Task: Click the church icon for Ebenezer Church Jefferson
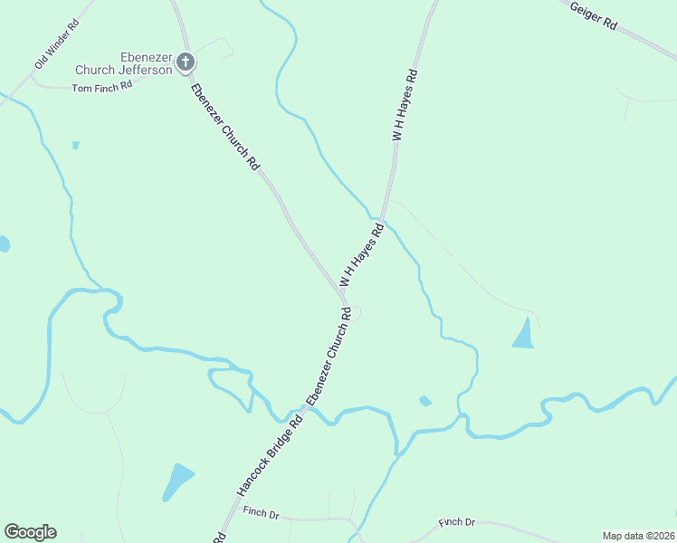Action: click(x=186, y=62)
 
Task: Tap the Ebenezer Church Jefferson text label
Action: click(x=123, y=62)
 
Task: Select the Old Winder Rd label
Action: click(x=57, y=44)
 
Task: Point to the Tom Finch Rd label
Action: click(x=102, y=87)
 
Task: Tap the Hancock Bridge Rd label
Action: click(x=269, y=456)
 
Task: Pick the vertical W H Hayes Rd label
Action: click(x=404, y=104)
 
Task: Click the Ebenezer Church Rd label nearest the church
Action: click(x=225, y=127)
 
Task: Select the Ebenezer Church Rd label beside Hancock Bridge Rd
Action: click(x=328, y=357)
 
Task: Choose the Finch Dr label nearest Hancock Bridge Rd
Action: click(x=261, y=513)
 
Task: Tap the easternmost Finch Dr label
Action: click(x=457, y=522)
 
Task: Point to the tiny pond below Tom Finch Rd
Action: click(x=76, y=145)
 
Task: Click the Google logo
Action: click(x=30, y=532)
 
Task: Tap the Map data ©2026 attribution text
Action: click(x=638, y=536)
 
